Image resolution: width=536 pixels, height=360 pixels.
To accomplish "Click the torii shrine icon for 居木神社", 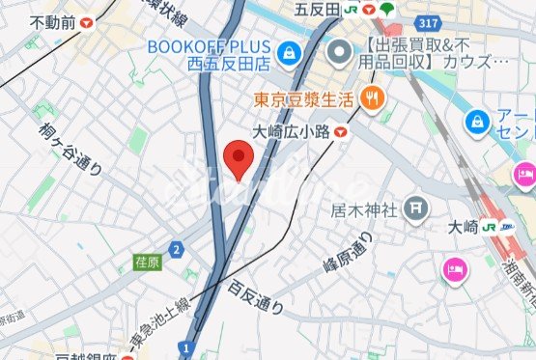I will click(x=415, y=206).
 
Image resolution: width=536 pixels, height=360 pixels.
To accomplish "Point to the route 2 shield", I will click(x=176, y=251).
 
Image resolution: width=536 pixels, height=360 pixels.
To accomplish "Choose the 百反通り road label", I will click(x=256, y=298).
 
